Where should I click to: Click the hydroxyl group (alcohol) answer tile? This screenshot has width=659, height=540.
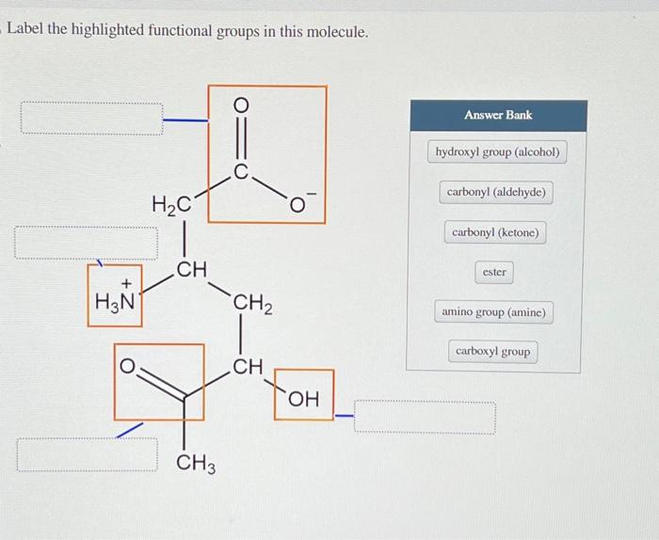(498, 151)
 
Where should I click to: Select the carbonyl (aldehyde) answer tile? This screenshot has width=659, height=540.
(496, 192)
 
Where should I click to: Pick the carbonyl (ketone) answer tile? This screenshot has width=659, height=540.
(496, 231)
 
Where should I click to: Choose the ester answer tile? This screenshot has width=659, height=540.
(494, 272)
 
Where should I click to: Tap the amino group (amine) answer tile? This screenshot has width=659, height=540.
(494, 311)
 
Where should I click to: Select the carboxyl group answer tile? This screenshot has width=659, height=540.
(493, 352)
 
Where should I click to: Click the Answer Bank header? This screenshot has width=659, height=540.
(497, 115)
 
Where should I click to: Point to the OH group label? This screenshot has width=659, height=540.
(303, 400)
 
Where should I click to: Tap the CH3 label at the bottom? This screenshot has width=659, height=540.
(195, 464)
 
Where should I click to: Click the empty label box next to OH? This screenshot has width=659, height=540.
(425, 417)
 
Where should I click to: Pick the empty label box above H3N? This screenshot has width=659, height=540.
(85, 242)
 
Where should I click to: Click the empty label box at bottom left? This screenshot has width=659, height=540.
(87, 453)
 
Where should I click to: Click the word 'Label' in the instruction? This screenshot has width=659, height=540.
(27, 32)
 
